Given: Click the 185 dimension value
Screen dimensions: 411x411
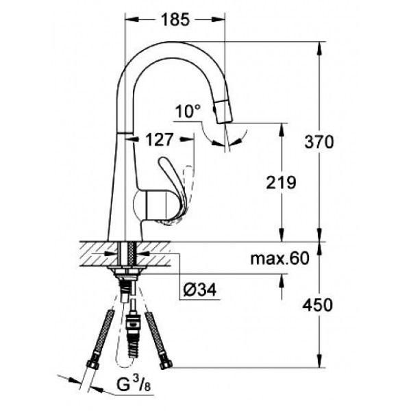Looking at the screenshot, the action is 175,20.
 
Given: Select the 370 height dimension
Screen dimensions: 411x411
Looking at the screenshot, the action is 319,142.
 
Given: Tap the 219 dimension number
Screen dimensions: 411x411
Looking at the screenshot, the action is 281,182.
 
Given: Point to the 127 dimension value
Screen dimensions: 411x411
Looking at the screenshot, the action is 160,140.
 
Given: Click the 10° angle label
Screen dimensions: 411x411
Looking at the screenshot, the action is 188,111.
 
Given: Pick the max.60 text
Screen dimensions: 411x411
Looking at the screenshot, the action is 279,258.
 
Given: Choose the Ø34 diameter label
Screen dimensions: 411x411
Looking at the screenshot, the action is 200,290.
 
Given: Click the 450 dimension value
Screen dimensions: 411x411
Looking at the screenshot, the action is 317,305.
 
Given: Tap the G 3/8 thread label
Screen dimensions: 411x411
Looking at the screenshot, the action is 134,385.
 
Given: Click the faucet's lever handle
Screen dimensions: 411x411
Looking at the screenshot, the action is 173,181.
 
